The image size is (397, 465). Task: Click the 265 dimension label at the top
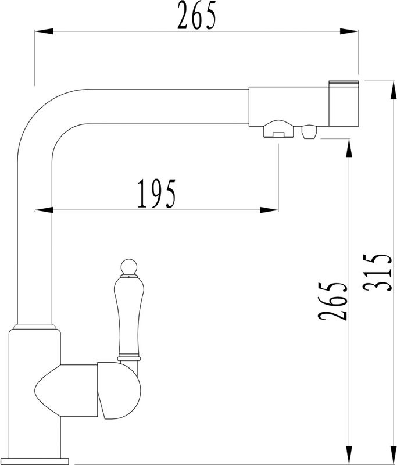point(197,15)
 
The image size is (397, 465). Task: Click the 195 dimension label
point(156,194)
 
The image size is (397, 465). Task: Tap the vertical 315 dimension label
point(377,273)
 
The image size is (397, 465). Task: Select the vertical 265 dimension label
point(332,301)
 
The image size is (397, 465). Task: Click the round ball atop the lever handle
point(129,266)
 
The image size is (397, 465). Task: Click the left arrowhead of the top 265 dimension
point(44,31)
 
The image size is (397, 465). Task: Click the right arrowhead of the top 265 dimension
point(349,31)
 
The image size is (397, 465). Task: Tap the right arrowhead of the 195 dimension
point(269,210)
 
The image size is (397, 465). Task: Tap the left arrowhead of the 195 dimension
point(44,210)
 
